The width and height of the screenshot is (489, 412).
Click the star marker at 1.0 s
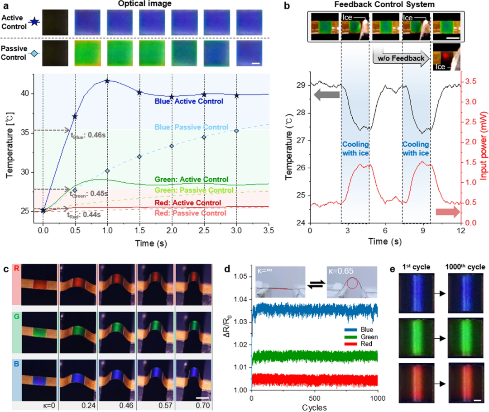pyautogui.click(x=107, y=81)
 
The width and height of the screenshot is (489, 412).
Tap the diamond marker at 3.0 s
pyautogui.click(x=236, y=131)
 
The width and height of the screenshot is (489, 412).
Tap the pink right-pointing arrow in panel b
pyautogui.click(x=448, y=212)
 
